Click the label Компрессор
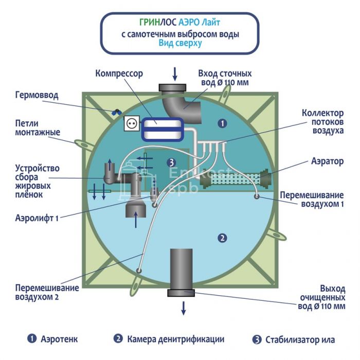119,74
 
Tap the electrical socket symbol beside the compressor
131,124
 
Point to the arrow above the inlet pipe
175,74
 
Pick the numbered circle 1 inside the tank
222,123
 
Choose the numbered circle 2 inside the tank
222,238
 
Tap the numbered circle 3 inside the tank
171,163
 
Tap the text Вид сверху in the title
180,44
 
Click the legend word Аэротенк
60,339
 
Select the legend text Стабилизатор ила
300,339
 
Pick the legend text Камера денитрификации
175,339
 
